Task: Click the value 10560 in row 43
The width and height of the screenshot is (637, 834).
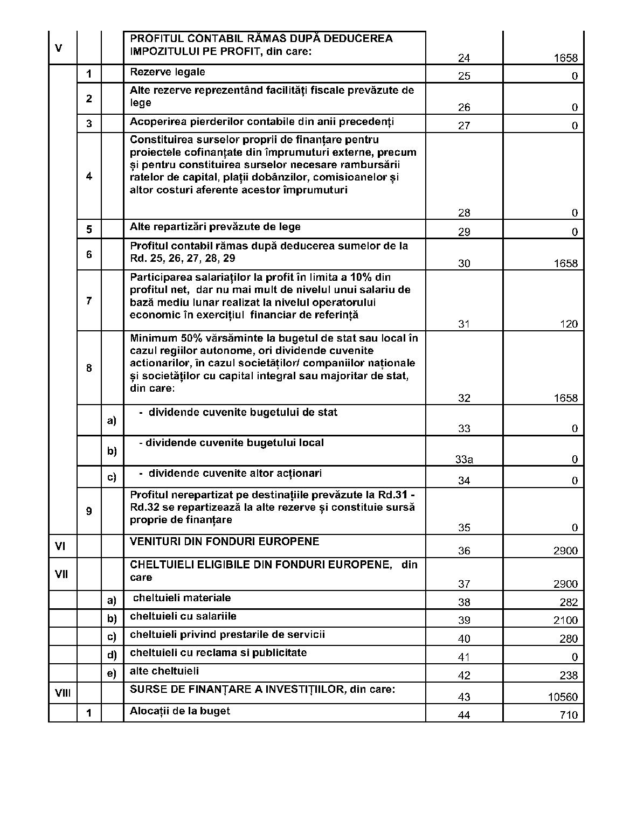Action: [x=563, y=697]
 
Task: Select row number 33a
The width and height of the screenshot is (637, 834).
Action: [x=464, y=460]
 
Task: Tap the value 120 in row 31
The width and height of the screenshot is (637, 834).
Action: [x=569, y=324]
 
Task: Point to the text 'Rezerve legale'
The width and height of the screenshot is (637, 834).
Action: [x=167, y=72]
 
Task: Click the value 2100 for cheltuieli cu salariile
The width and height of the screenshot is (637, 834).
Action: [x=565, y=620]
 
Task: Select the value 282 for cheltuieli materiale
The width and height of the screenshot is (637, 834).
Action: [x=569, y=602]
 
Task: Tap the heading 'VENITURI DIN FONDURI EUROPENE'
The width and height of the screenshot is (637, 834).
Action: [x=224, y=541]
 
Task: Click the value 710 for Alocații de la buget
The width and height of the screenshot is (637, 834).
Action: [x=569, y=715]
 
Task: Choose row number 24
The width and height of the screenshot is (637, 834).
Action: [x=463, y=58]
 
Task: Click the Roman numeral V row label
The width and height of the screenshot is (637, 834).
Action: [x=58, y=48]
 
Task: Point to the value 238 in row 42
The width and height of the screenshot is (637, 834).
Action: [x=569, y=676]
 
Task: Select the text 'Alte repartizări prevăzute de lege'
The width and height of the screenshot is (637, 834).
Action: [x=215, y=227]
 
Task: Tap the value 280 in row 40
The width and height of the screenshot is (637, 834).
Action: [x=569, y=639]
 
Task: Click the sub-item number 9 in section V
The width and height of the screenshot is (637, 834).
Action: [x=89, y=511]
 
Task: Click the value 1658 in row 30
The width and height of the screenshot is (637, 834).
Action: [x=565, y=263]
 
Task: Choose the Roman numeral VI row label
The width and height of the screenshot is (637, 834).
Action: [x=60, y=546]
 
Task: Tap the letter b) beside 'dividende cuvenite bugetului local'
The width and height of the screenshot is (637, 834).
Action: [x=112, y=451]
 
